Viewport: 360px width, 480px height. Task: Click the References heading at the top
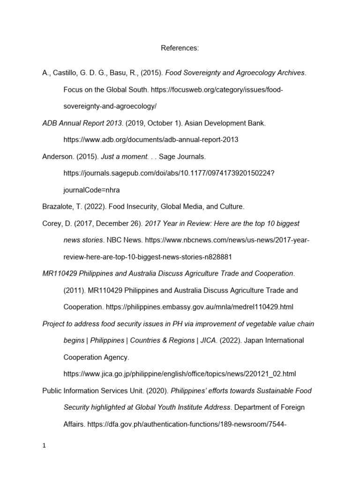(x=180, y=48)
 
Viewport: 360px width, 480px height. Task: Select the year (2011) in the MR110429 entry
(x=74, y=290)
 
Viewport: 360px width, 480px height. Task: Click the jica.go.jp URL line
(x=180, y=374)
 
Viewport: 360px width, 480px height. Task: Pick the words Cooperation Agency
(x=96, y=357)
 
